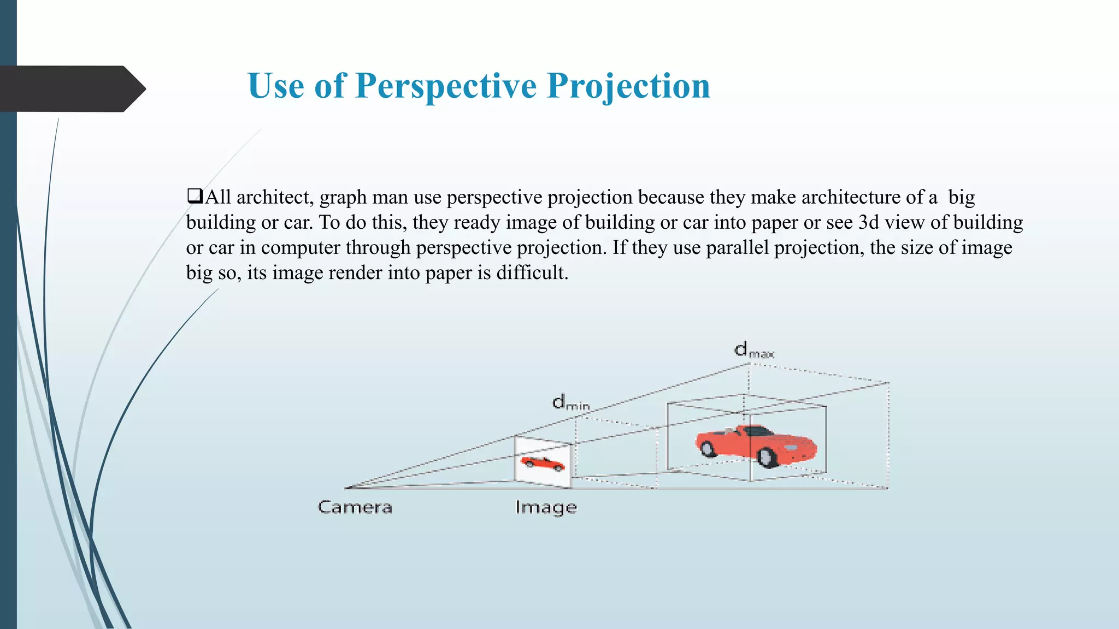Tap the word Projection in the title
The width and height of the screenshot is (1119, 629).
tap(628, 86)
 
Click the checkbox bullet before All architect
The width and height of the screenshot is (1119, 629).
tap(195, 196)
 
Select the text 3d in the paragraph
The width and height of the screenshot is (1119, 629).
tap(868, 222)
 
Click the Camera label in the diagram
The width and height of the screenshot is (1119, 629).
tap(355, 507)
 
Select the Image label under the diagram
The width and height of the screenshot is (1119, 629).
tap(546, 508)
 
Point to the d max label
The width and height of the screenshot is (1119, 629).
tap(753, 350)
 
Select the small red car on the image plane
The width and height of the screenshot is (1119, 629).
tap(542, 463)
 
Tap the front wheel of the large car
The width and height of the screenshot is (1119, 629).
tap(768, 457)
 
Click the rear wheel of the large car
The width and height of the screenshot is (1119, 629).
tap(708, 448)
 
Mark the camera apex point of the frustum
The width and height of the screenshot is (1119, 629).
tap(346, 487)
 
